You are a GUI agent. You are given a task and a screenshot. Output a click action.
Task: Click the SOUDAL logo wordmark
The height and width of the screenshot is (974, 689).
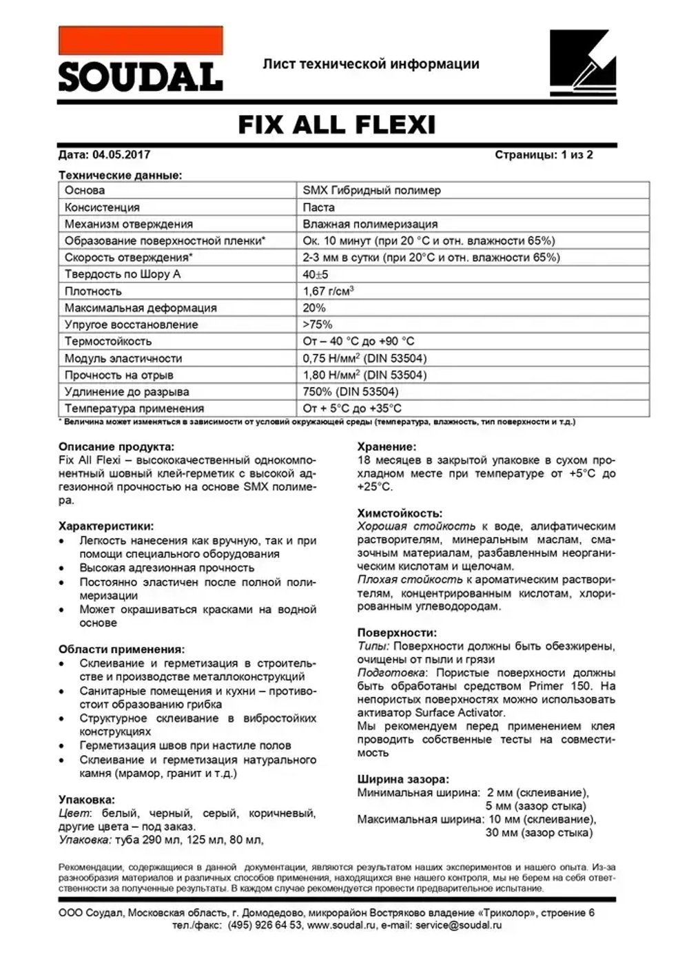click(x=141, y=77)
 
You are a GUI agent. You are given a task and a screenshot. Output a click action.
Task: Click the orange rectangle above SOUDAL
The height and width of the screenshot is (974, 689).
click(x=141, y=41)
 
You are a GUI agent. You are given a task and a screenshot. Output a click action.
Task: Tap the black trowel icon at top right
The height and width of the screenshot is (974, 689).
click(x=582, y=63)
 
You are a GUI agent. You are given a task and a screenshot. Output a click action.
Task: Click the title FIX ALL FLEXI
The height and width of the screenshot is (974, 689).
click(x=337, y=125)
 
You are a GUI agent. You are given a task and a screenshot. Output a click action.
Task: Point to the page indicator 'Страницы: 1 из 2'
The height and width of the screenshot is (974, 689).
click(x=544, y=155)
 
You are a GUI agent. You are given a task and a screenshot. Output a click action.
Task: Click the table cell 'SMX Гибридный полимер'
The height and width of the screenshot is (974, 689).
click(x=371, y=190)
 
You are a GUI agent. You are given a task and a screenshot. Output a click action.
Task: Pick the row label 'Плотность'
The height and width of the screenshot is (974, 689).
click(x=93, y=291)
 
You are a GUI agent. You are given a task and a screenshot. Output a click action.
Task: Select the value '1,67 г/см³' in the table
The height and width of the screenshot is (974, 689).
click(x=328, y=291)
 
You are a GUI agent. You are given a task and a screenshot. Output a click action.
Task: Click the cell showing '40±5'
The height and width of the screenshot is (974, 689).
click(x=316, y=274)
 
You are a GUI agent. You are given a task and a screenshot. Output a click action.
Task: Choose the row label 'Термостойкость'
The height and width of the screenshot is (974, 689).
click(x=107, y=341)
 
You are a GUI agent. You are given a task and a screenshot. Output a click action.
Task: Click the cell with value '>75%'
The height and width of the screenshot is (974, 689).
click(x=317, y=324)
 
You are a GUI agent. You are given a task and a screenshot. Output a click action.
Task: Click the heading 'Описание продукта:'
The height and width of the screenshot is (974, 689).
click(x=116, y=446)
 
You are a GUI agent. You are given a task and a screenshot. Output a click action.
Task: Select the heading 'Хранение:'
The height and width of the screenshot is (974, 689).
click(x=387, y=446)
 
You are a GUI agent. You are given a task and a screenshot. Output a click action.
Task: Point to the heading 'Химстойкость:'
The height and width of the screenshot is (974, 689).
click(x=400, y=513)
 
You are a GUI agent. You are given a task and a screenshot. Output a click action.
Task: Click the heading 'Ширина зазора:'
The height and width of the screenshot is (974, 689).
click(x=402, y=780)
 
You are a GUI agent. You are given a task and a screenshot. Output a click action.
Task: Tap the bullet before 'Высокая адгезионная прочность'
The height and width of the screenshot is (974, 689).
click(x=63, y=568)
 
